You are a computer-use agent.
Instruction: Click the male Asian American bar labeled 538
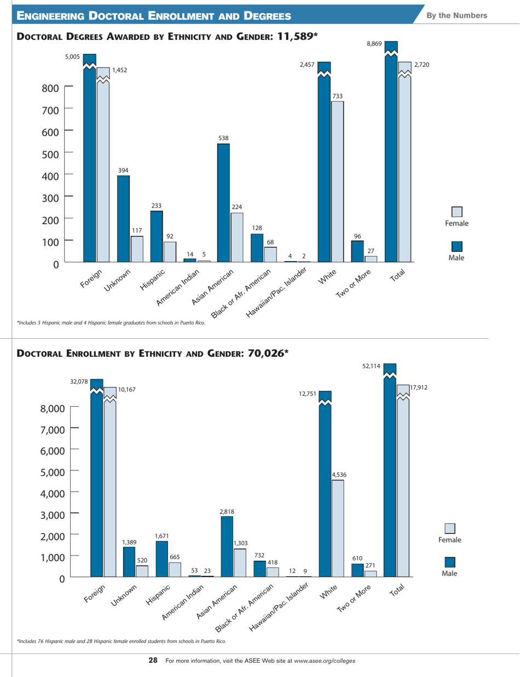click(x=223, y=202)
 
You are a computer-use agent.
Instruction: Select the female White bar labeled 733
click(x=338, y=181)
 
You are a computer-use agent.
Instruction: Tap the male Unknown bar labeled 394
click(x=123, y=218)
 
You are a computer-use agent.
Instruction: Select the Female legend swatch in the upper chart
click(x=457, y=211)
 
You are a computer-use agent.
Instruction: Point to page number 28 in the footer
click(x=153, y=661)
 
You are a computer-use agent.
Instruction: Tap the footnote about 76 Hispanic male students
click(x=122, y=641)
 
